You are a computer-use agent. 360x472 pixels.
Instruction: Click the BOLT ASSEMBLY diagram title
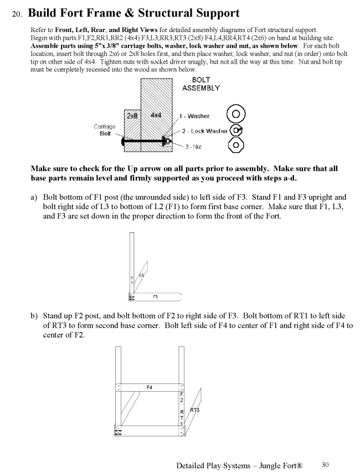202,84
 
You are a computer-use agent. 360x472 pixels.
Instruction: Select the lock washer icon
236,131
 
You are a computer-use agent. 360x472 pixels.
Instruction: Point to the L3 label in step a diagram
141,274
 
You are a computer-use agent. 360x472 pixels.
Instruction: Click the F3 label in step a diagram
156,296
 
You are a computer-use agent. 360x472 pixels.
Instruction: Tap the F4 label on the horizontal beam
150,387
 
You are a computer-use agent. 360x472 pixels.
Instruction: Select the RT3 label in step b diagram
194,410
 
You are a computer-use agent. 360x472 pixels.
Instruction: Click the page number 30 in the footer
325,464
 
